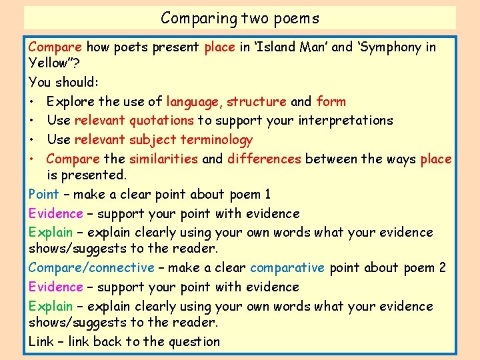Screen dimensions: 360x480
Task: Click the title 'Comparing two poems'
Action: point(240,18)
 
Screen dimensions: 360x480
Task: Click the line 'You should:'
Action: point(64,83)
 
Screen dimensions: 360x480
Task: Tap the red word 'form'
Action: point(331,102)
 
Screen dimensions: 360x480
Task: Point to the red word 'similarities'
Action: point(163,159)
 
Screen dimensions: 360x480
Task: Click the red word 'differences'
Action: point(265,159)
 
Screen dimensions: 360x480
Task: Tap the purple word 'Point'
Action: point(44,195)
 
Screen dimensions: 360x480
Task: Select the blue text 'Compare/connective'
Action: point(91,268)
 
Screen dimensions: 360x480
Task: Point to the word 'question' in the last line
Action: point(195,342)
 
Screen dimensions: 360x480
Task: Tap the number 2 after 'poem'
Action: point(442,268)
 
